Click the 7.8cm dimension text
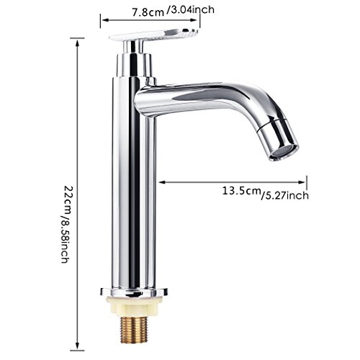click(x=148, y=10)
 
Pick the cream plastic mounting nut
click(x=132, y=305)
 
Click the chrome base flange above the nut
click(x=132, y=292)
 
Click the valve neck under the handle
click(x=136, y=60)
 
